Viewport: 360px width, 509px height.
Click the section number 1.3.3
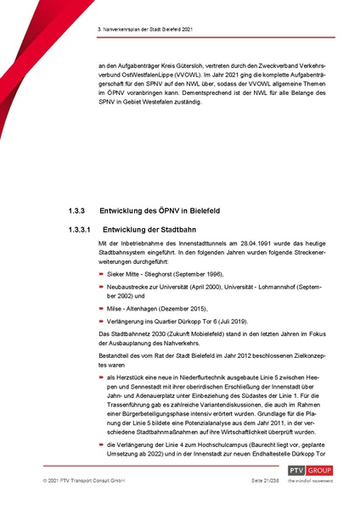pyautogui.click(x=77, y=210)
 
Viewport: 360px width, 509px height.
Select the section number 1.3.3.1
pyautogui.click(x=81, y=229)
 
